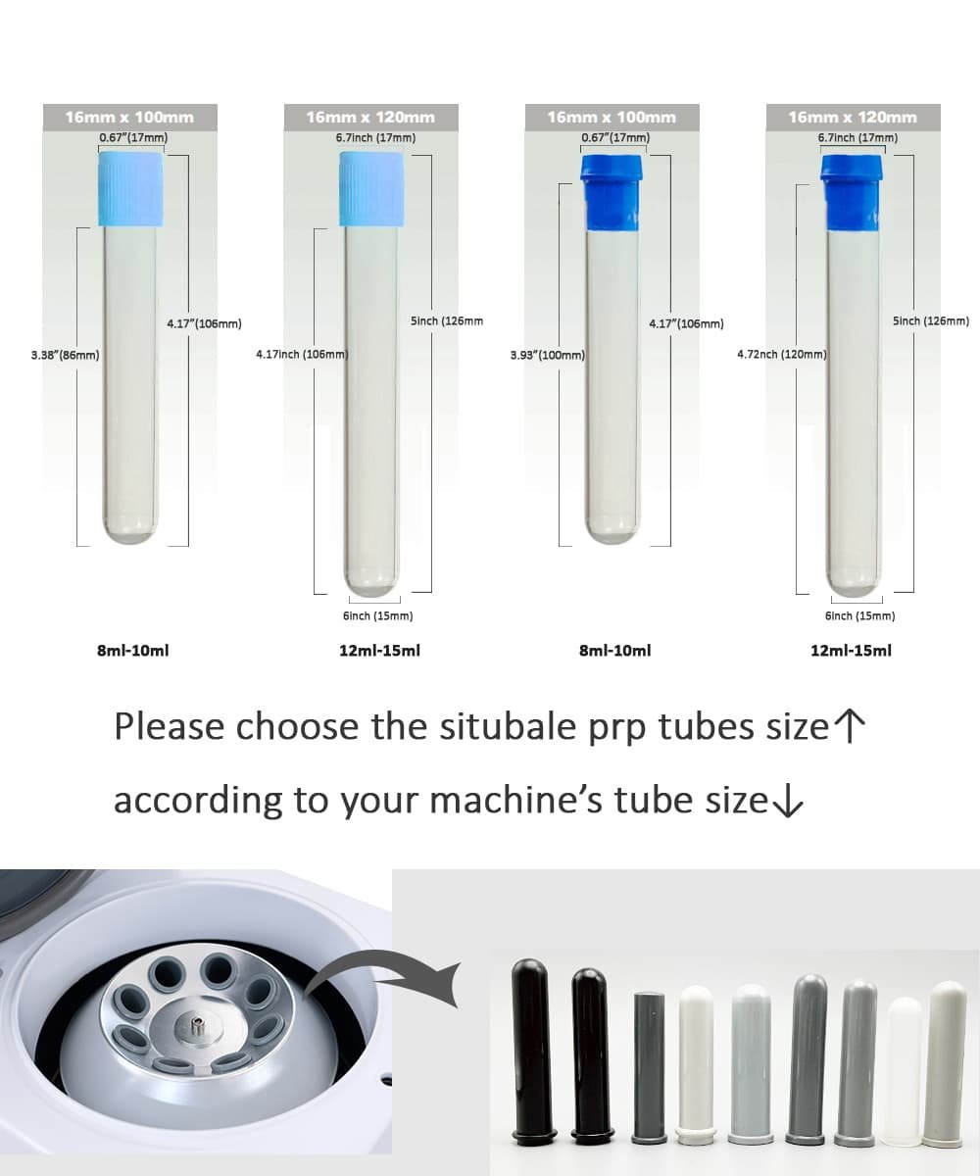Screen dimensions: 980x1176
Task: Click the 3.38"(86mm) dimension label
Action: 65,355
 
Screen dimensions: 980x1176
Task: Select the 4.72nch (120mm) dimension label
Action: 782,354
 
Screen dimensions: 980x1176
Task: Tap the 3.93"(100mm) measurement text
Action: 548,355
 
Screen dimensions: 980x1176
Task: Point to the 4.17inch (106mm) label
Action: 302,354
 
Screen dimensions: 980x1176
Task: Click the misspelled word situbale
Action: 508,726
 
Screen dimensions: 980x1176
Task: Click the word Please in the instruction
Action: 169,726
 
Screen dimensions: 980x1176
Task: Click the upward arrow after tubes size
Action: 850,726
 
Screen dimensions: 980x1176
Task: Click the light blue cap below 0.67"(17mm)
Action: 131,189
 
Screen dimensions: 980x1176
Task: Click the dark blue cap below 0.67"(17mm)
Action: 612,193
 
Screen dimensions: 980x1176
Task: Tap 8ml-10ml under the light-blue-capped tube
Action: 133,651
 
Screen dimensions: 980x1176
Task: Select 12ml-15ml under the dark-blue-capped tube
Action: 851,651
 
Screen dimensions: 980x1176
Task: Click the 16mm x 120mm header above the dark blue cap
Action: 853,118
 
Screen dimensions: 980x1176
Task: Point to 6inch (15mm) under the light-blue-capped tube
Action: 378,615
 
